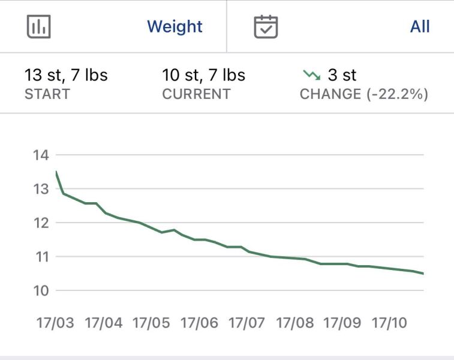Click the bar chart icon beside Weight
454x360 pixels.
pyautogui.click(x=39, y=26)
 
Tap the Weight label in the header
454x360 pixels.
pyautogui.click(x=175, y=26)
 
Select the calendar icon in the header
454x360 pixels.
pyautogui.click(x=266, y=26)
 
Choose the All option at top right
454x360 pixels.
pyautogui.click(x=420, y=26)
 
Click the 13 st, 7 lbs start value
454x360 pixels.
pyautogui.click(x=66, y=76)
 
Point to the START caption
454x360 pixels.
pyautogui.click(x=47, y=94)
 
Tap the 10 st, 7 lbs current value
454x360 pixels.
pyautogui.click(x=203, y=76)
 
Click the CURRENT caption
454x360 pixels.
pyautogui.click(x=196, y=94)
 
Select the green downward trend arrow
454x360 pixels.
pyautogui.click(x=311, y=75)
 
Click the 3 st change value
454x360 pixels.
pyautogui.click(x=342, y=76)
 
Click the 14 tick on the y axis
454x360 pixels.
pyautogui.click(x=40, y=155)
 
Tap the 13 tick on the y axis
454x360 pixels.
pyautogui.click(x=40, y=189)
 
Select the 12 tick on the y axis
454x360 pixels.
pyautogui.click(x=40, y=223)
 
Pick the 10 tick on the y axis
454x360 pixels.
pyautogui.click(x=40, y=290)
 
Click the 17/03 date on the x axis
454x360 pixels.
pyautogui.click(x=55, y=323)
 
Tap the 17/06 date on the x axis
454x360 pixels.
pyautogui.click(x=199, y=323)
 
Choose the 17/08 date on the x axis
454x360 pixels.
pyautogui.click(x=294, y=323)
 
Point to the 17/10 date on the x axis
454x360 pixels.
pyautogui.click(x=389, y=323)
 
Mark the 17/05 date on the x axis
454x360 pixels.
pyautogui.click(x=151, y=323)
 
